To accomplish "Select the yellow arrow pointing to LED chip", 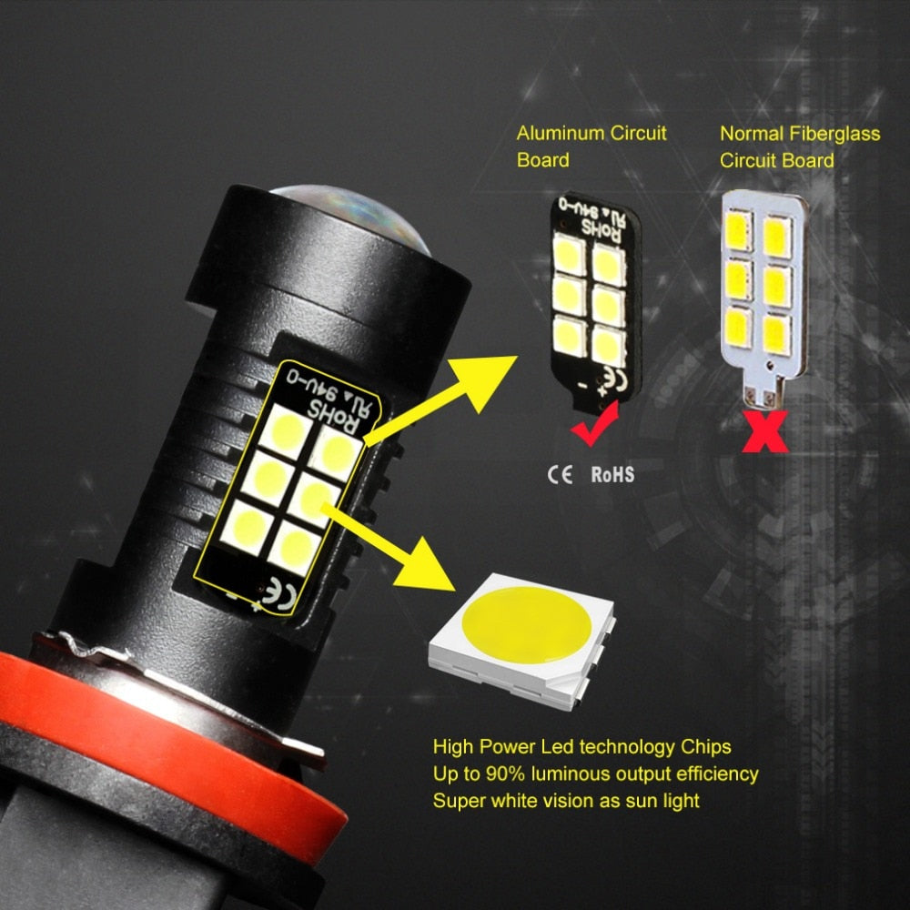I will (x=400, y=546).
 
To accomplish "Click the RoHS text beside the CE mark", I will (x=612, y=474).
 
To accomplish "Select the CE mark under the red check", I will (x=561, y=474).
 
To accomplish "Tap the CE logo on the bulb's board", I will (x=281, y=595).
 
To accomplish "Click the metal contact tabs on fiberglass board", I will (x=763, y=395).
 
